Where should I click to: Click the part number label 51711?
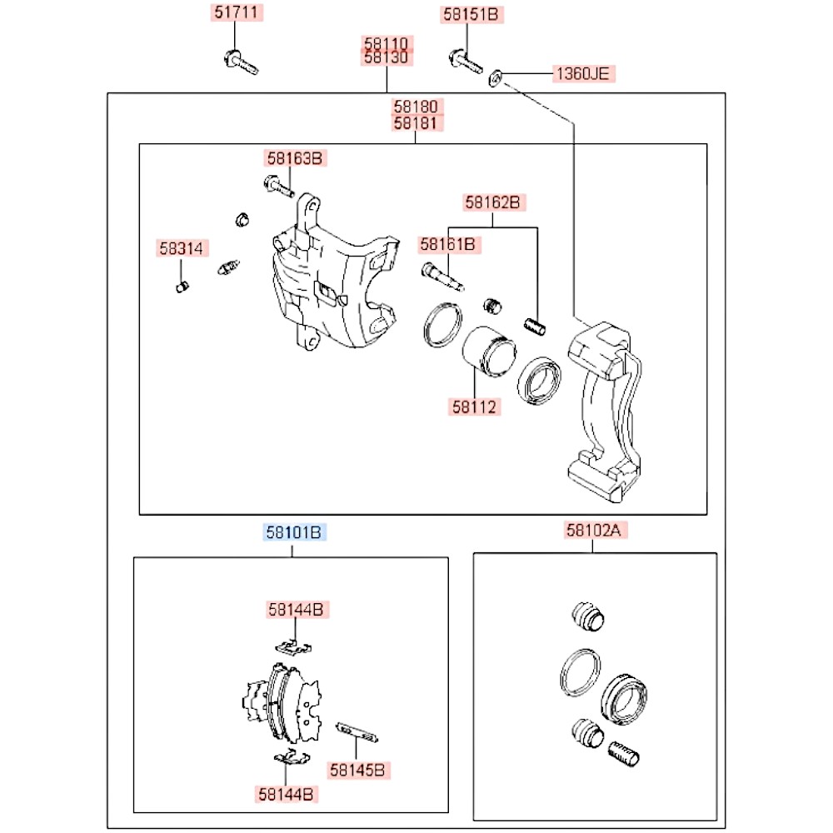click(x=234, y=14)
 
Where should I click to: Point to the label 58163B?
click(x=293, y=157)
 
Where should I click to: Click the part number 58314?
click(x=182, y=248)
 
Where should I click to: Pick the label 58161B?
click(x=447, y=244)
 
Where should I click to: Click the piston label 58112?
click(x=475, y=407)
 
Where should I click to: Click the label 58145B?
click(x=356, y=771)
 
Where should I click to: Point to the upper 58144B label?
click(x=296, y=610)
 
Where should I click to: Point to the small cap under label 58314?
click(x=182, y=287)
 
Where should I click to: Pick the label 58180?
click(x=419, y=107)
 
